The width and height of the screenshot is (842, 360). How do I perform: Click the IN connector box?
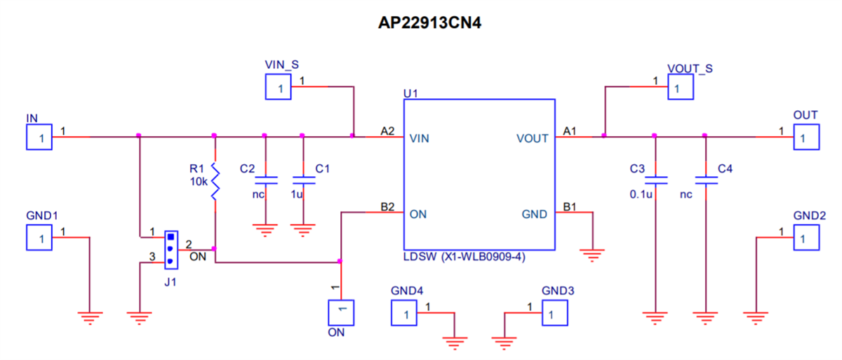[41, 137]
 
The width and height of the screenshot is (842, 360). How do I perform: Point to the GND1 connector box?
[41, 238]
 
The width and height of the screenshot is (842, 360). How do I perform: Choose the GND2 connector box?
[806, 238]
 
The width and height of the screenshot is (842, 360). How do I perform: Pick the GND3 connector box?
[554, 313]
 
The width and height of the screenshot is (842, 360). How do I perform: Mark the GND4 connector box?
[404, 313]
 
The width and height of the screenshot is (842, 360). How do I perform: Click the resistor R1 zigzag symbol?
[215, 182]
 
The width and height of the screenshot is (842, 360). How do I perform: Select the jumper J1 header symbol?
[170, 248]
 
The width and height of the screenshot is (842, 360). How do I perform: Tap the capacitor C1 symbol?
[302, 179]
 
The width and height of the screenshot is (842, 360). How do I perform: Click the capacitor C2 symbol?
[265, 179]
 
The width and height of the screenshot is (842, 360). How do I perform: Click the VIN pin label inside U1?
[420, 138]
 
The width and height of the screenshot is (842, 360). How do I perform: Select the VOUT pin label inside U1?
[533, 138]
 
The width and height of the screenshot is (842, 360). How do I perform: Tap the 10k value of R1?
[198, 182]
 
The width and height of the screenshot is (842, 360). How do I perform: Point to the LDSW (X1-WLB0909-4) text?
[465, 258]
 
